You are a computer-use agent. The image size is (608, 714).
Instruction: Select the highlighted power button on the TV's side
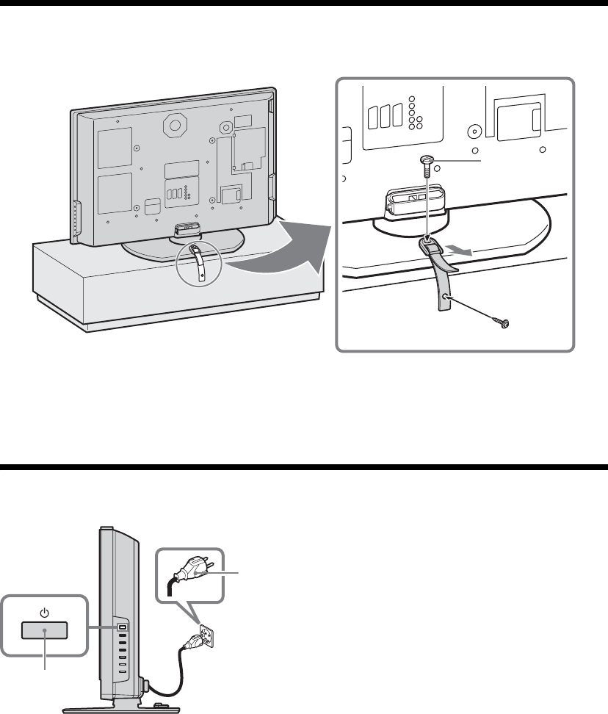[x=123, y=627]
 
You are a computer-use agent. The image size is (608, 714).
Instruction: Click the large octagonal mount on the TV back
[x=175, y=125]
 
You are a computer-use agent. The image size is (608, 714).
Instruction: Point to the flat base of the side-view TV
[x=121, y=708]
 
